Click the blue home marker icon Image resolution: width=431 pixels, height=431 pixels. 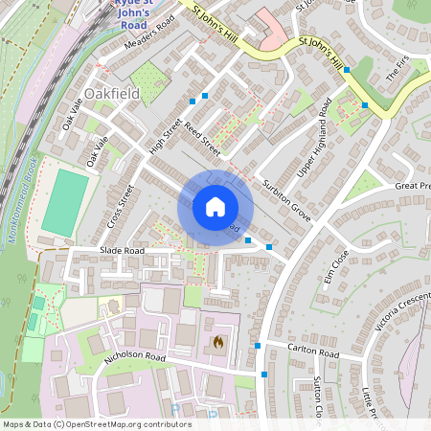[215, 206]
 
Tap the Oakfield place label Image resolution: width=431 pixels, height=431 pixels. [111, 94]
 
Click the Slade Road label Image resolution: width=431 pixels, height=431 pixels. [122, 251]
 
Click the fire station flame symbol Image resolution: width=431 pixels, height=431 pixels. [217, 340]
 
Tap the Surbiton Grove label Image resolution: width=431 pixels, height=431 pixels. [288, 198]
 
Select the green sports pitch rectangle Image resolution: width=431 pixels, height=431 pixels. [63, 202]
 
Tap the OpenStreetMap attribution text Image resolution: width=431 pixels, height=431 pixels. [97, 423]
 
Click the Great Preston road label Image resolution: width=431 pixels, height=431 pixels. [413, 186]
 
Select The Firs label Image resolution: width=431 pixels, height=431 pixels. [396, 68]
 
